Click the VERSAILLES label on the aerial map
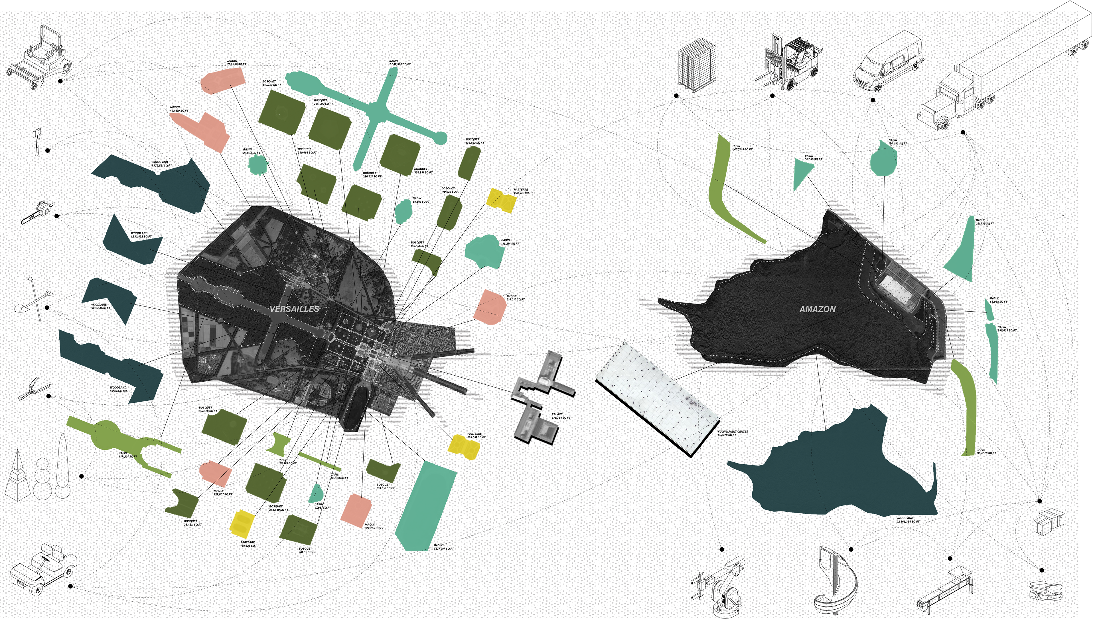pyautogui.click(x=294, y=309)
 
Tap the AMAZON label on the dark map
pyautogui.click(x=817, y=309)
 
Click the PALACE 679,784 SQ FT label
pyautogui.click(x=561, y=416)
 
